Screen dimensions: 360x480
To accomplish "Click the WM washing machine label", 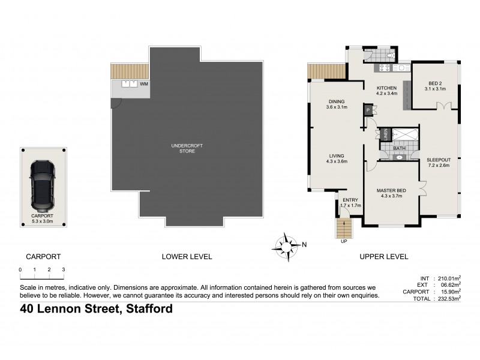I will point(143,85).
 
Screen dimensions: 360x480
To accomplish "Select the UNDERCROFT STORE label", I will point(185,148).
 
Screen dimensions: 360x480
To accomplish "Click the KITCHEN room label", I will point(386,88).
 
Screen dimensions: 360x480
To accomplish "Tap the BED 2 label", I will point(435,83).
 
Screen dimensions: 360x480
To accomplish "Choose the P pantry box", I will point(369,110).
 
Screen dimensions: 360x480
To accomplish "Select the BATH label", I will point(398,148).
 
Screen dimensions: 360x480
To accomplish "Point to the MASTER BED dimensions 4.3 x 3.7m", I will point(394,196).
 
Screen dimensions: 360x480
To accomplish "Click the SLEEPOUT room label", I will point(439,160).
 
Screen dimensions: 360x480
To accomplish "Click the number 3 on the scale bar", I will point(63,269).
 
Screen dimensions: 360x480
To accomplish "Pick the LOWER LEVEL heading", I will point(187,257).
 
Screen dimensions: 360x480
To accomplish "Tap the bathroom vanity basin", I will point(400,157).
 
